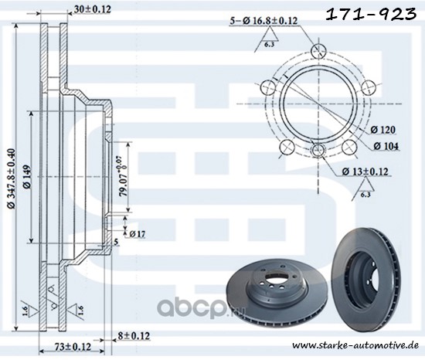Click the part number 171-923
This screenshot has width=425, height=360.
click(371, 14)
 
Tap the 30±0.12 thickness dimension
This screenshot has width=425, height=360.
click(93, 9)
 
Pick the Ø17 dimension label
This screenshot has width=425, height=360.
click(138, 233)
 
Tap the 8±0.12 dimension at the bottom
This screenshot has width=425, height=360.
click(134, 336)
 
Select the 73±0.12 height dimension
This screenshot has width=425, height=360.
click(73, 347)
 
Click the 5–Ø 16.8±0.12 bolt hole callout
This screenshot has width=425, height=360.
click(263, 21)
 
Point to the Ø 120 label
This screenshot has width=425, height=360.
click(382, 130)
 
